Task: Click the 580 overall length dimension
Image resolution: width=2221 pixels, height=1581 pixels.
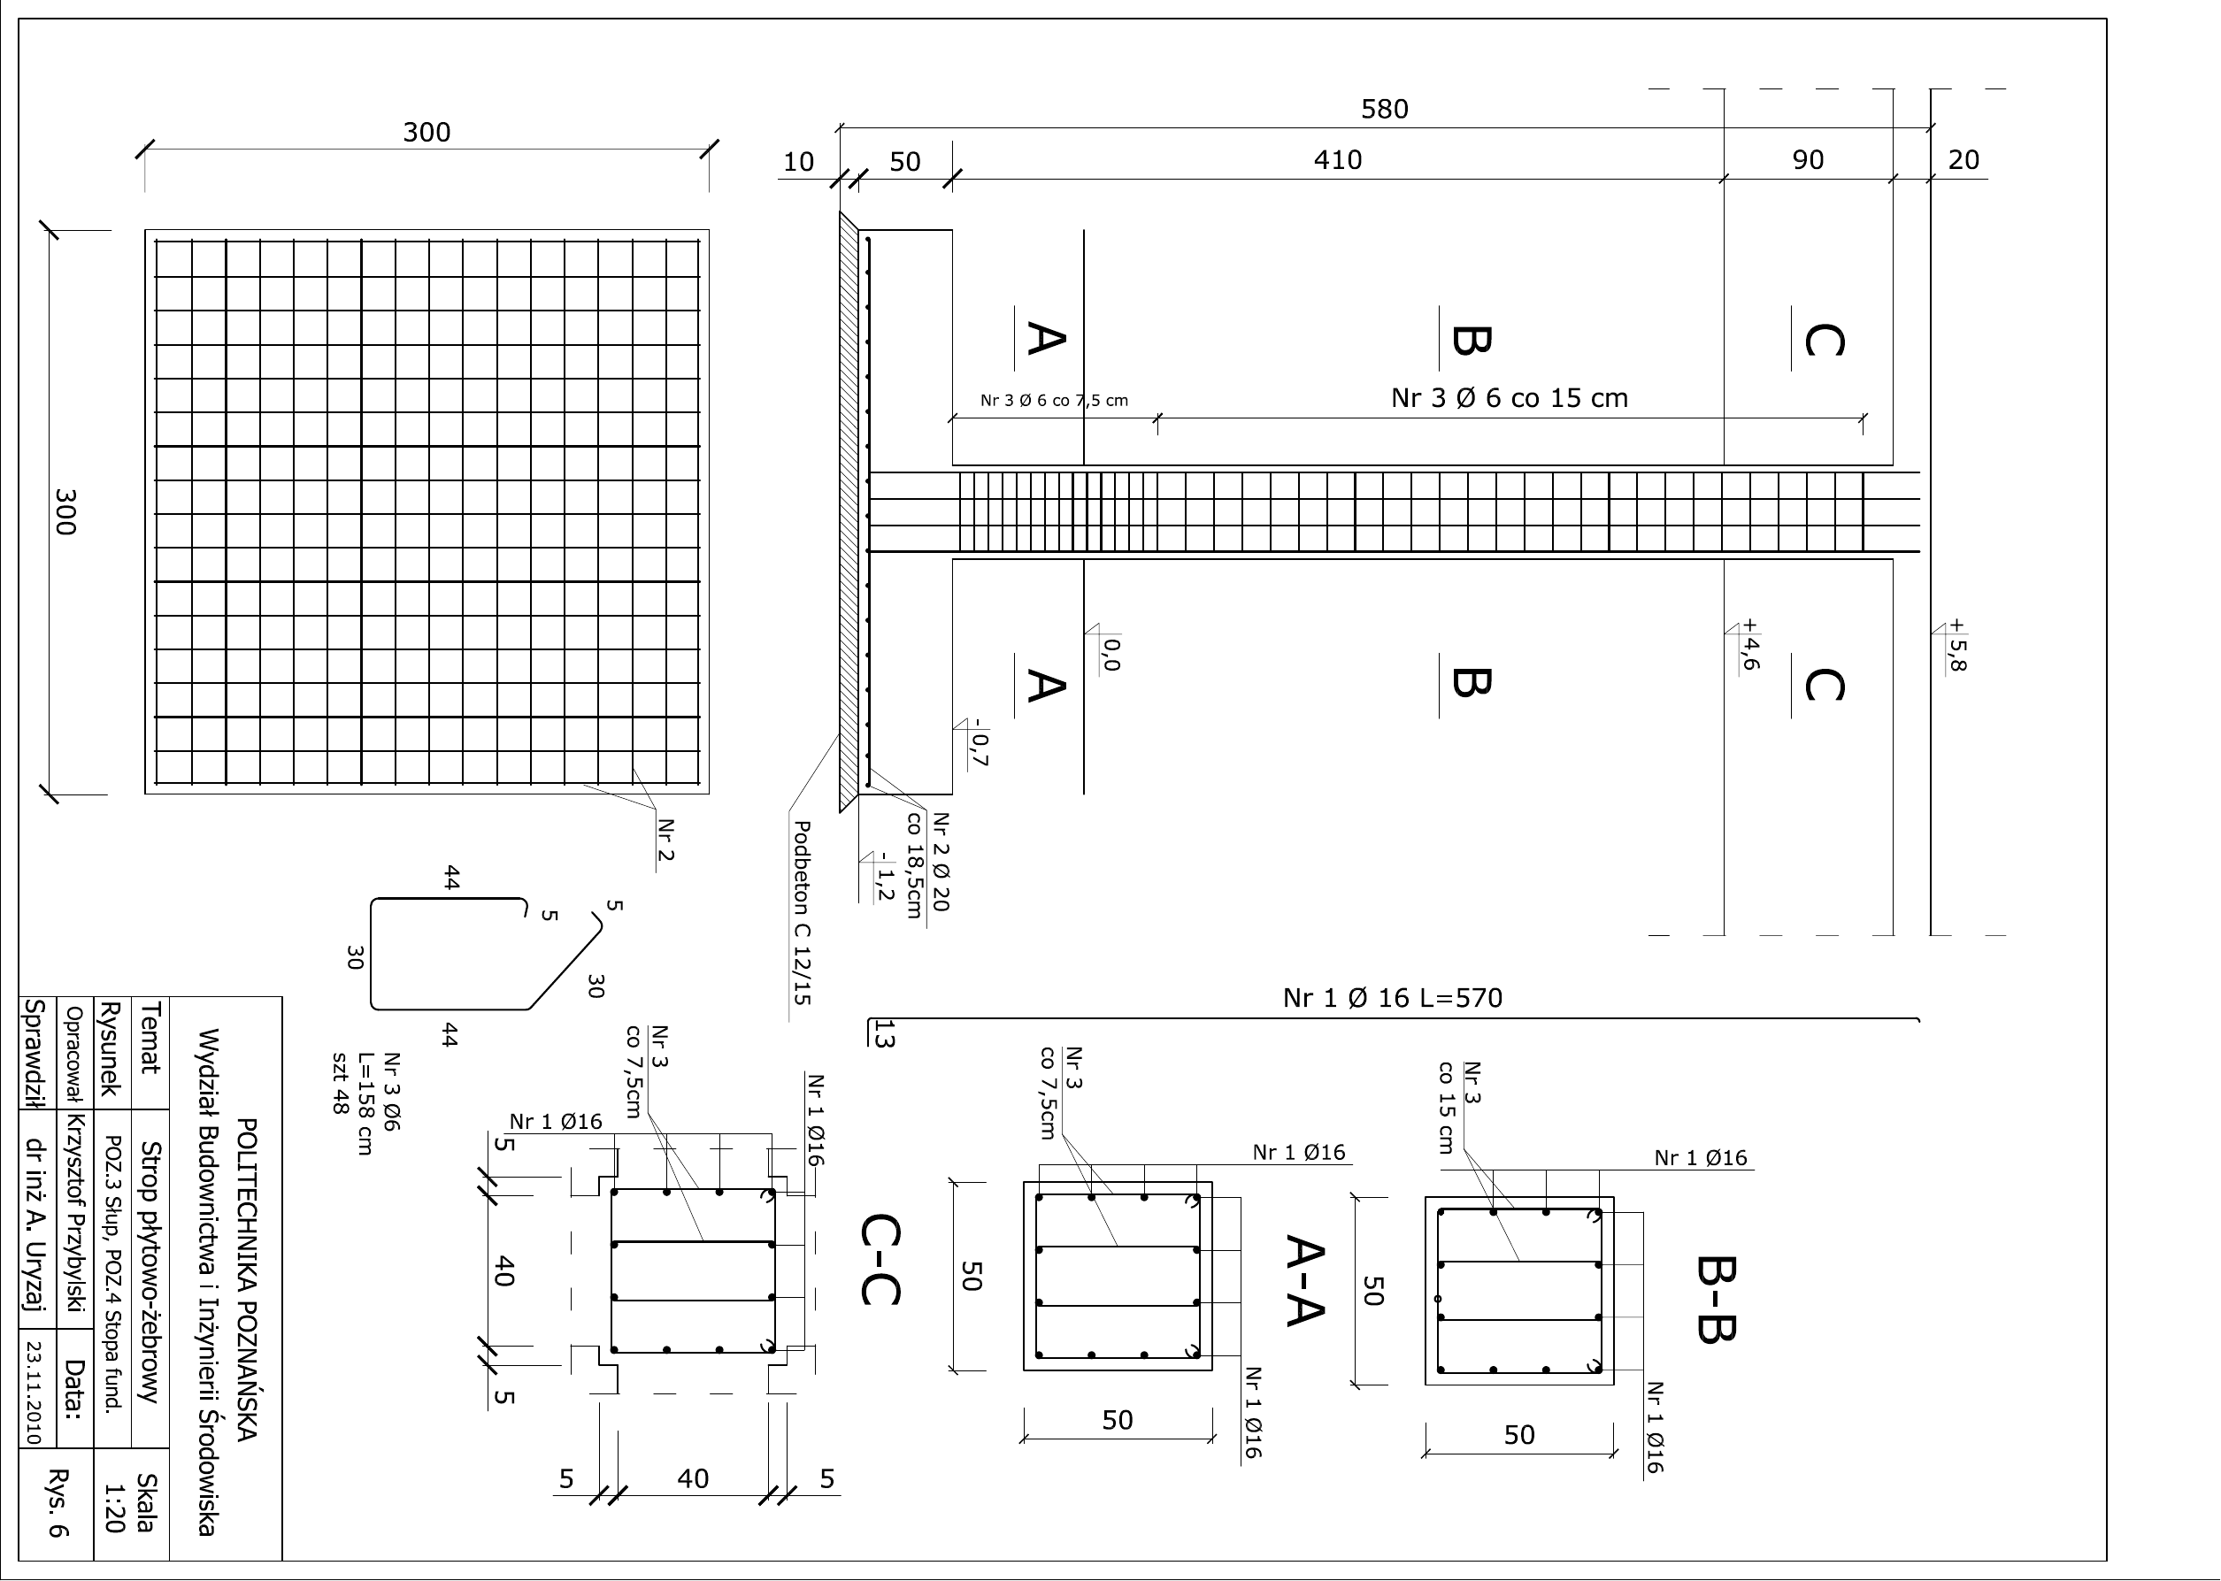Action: pos(1384,109)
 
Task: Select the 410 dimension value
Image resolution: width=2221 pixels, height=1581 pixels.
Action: pos(1337,159)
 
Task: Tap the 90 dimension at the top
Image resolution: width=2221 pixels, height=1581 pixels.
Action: pos(1807,159)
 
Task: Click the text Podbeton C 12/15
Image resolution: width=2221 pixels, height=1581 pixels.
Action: pos(802,912)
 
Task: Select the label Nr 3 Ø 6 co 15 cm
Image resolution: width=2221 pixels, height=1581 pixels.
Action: pos(1510,398)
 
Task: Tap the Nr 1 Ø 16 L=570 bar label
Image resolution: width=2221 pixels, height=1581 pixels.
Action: pos(1393,998)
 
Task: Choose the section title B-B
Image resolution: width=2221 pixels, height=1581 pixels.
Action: pos(1716,1299)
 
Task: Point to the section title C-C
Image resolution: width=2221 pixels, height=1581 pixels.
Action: pos(881,1259)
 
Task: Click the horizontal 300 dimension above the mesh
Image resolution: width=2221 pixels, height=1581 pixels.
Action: pos(427,133)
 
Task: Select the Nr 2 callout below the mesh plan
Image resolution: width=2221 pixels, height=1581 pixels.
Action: pos(666,840)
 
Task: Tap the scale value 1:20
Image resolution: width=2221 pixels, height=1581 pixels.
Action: pos(115,1508)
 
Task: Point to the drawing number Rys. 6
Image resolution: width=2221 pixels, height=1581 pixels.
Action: pos(58,1504)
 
